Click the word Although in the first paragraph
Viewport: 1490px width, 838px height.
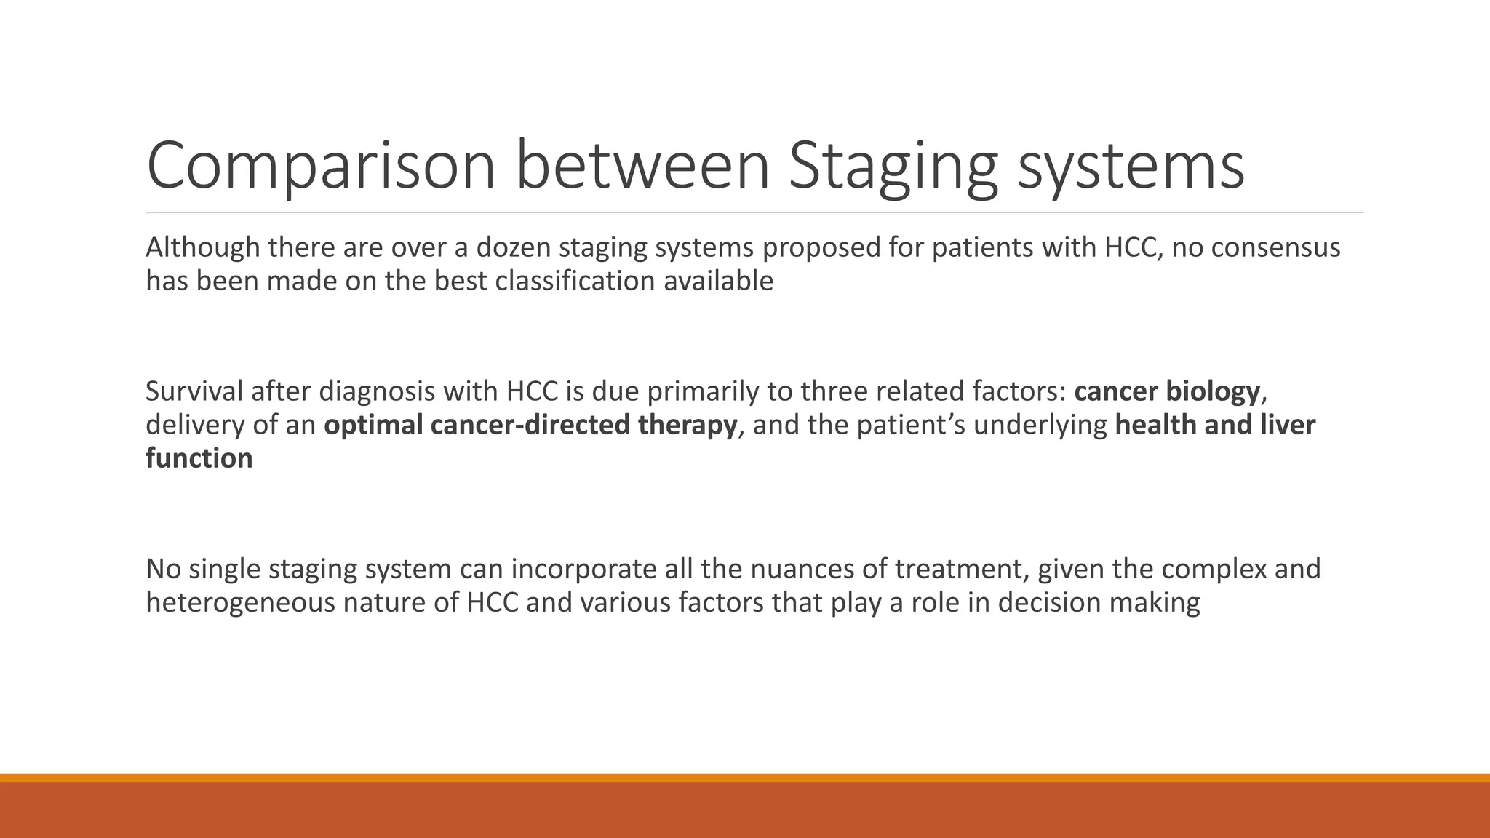point(202,248)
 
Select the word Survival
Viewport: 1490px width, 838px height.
point(194,391)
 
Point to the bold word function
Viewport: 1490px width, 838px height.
point(199,458)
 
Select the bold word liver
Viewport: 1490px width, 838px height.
point(1288,425)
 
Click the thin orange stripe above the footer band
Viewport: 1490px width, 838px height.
point(745,778)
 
